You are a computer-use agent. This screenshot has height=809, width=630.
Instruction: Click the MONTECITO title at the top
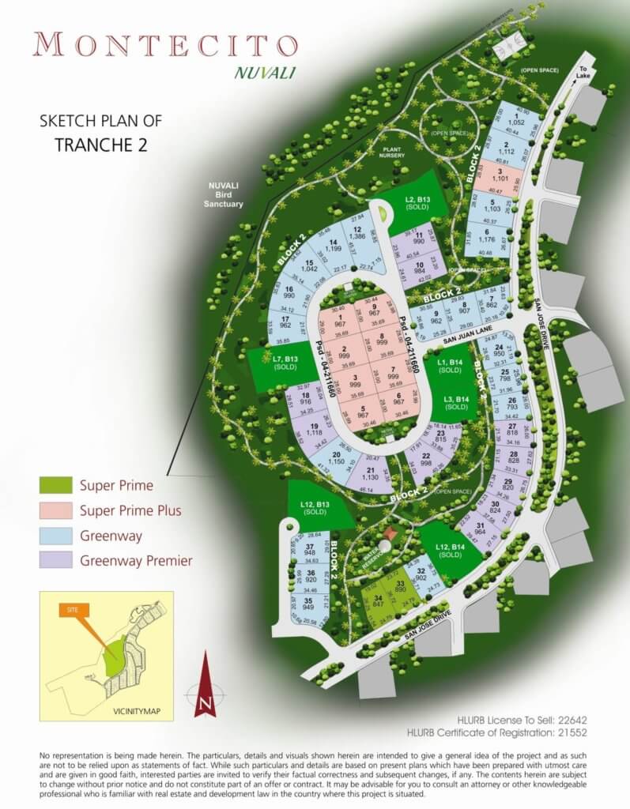pyautogui.click(x=160, y=44)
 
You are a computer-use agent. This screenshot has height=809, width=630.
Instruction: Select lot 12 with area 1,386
pyautogui.click(x=357, y=233)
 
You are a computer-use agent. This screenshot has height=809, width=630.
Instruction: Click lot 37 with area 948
pyautogui.click(x=310, y=550)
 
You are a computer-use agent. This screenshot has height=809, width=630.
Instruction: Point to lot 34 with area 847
pyautogui.click(x=379, y=602)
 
